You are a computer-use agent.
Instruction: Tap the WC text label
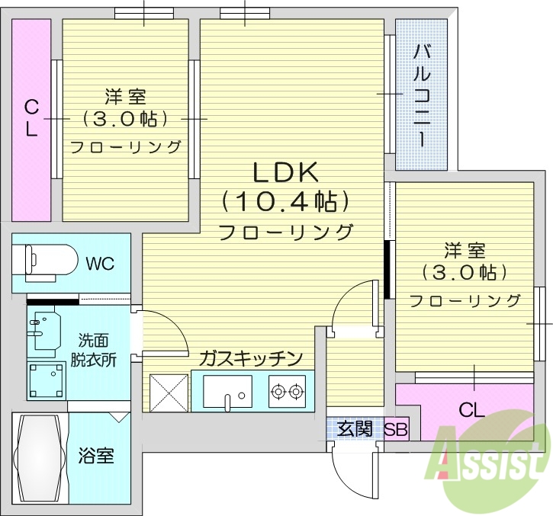pyautogui.click(x=100, y=264)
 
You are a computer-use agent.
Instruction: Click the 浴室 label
pyautogui.click(x=96, y=456)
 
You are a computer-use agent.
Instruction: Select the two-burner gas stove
pyautogui.click(x=287, y=392)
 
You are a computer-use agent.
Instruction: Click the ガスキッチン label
pyautogui.click(x=252, y=357)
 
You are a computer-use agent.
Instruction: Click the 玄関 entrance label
pyautogui.click(x=355, y=429)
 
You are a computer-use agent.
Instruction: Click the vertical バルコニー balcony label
pyautogui.click(x=422, y=95)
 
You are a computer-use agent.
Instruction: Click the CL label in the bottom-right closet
pyautogui.click(x=471, y=410)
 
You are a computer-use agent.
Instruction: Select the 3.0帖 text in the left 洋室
pyautogui.click(x=125, y=119)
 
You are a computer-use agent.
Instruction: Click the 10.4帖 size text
pyautogui.click(x=285, y=201)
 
